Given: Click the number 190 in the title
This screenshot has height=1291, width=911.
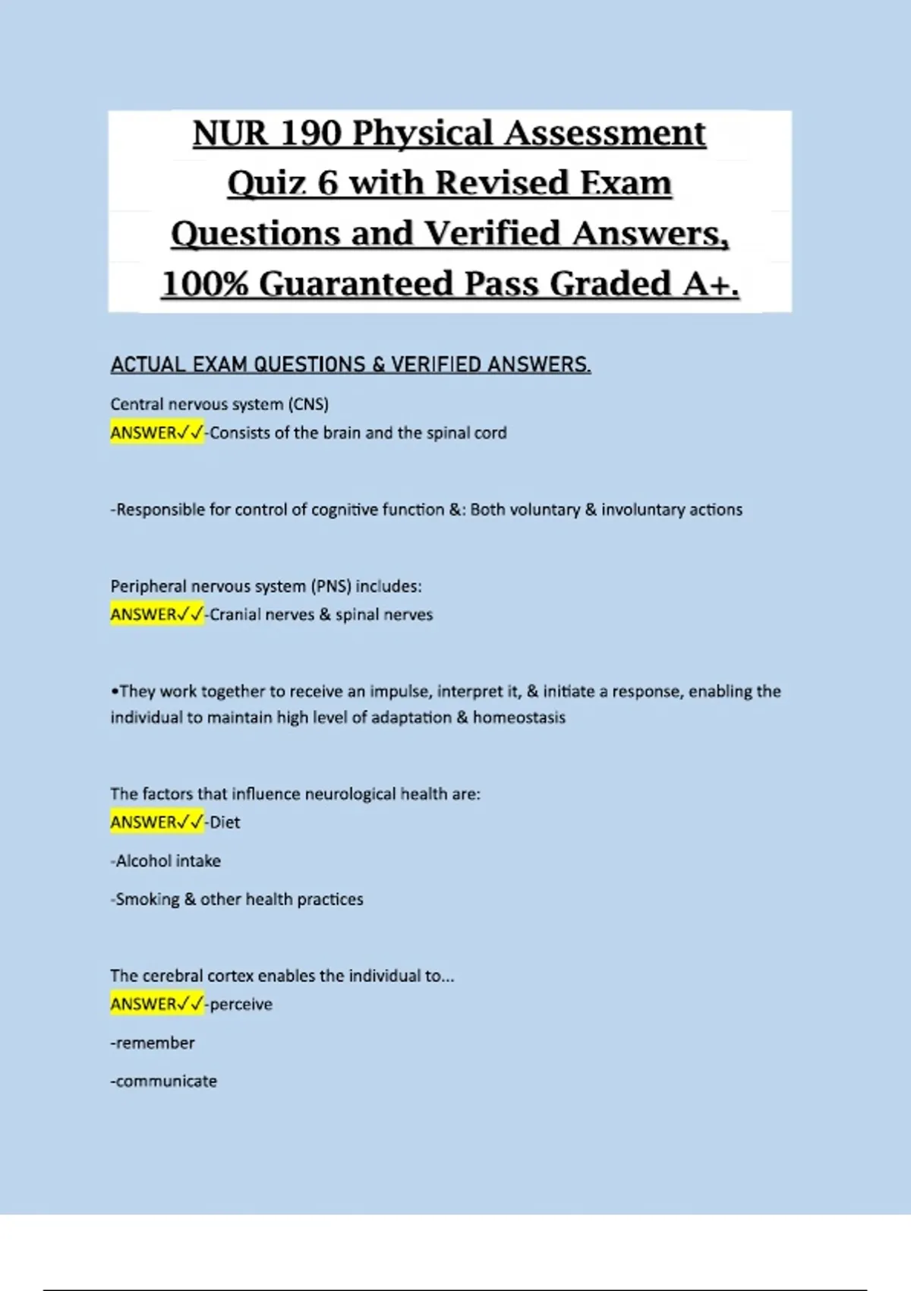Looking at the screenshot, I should pyautogui.click(x=310, y=134).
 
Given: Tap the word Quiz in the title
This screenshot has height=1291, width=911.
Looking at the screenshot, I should pyautogui.click(x=266, y=184).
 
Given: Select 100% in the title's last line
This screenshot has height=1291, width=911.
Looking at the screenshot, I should pyautogui.click(x=204, y=284).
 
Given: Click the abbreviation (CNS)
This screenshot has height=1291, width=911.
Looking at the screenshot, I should pyautogui.click(x=308, y=404).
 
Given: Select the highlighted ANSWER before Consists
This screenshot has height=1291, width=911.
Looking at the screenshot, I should pyautogui.click(x=143, y=433).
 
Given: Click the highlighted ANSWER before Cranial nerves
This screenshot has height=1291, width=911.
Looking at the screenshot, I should pyautogui.click(x=143, y=614).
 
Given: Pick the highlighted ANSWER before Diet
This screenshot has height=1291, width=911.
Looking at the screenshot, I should pyautogui.click(x=143, y=822).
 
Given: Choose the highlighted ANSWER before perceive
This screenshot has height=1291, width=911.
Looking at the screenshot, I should pyautogui.click(x=143, y=1004).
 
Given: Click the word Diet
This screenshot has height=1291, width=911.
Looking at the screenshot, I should pyautogui.click(x=225, y=822).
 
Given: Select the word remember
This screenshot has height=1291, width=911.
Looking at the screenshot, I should pyautogui.click(x=155, y=1043).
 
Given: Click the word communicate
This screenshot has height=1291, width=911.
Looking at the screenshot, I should pyautogui.click(x=166, y=1081).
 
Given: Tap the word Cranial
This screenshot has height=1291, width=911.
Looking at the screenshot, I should pyautogui.click(x=234, y=614).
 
